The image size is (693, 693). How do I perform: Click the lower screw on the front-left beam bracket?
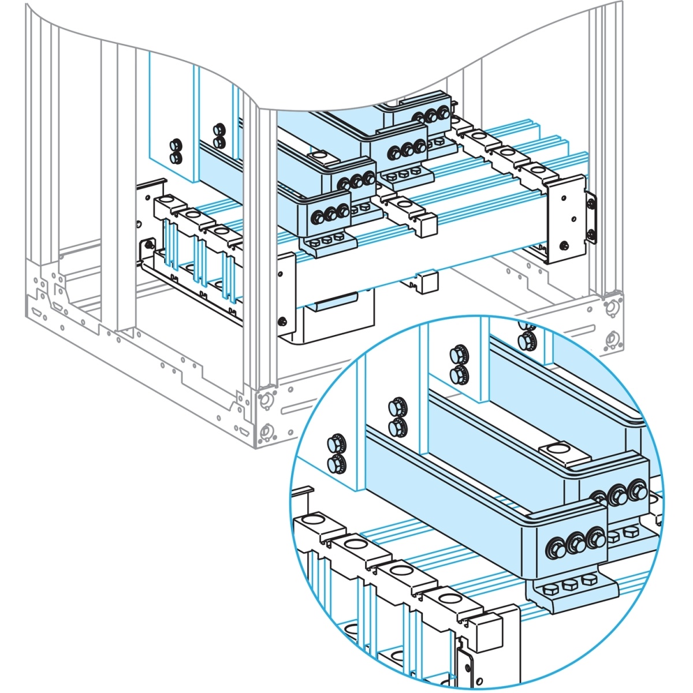tap(282, 321)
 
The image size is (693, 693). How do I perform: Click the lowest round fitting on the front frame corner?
tap(266, 430)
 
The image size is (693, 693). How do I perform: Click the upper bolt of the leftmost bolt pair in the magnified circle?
tap(334, 444)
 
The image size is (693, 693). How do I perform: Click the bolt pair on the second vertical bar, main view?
tap(218, 135)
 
